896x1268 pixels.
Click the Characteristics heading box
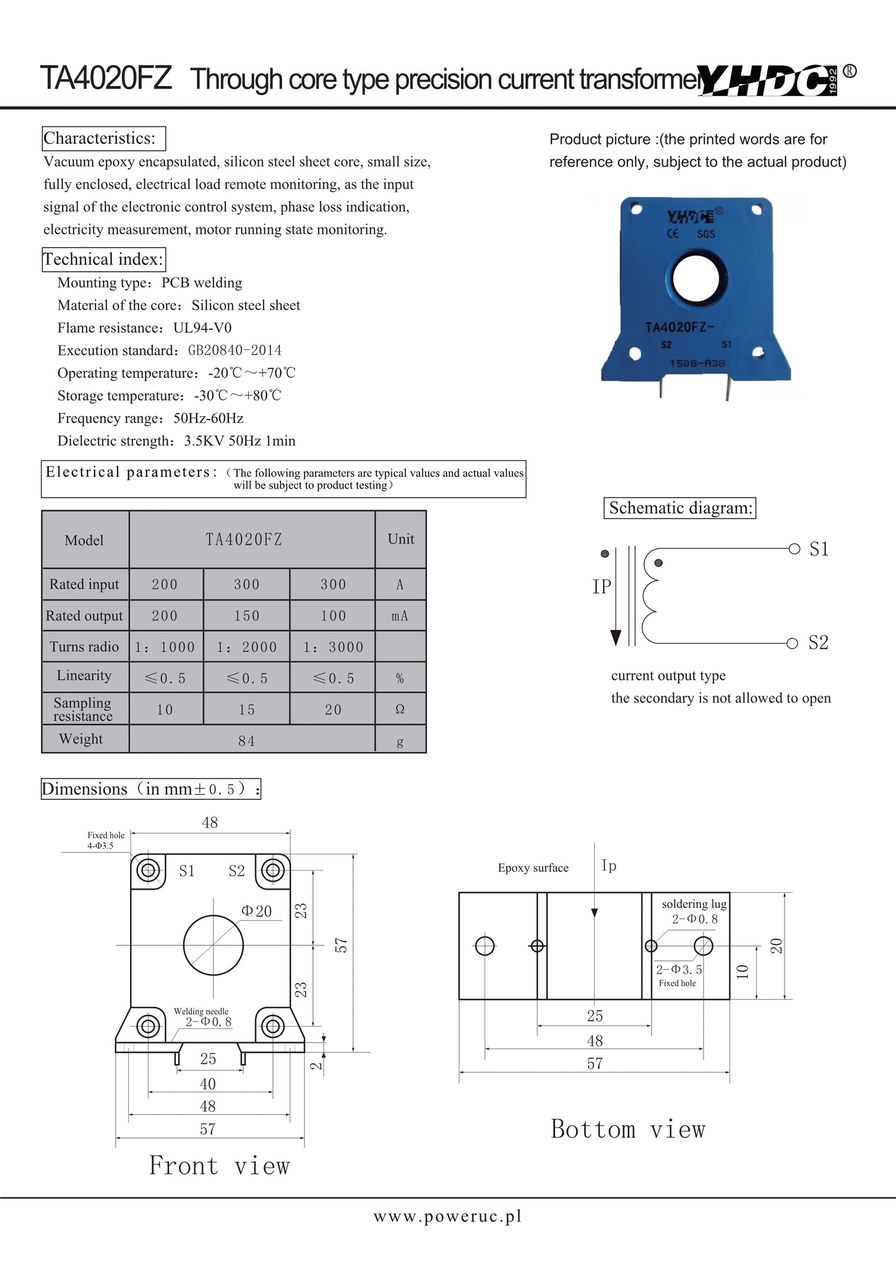pos(104,138)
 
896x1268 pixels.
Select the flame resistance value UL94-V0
pos(202,328)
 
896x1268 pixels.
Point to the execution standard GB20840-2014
pos(235,350)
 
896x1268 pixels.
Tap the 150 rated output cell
pos(246,616)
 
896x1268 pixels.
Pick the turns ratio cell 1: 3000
pos(333,647)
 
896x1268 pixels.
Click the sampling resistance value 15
pos(246,710)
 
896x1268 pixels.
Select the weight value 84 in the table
pos(246,740)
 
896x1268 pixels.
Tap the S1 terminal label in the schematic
pos(819,549)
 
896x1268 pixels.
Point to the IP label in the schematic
pos(601,586)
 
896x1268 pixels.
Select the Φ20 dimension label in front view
pos(257,911)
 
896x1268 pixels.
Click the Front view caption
pos(220,1166)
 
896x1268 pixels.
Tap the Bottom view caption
pos(628,1129)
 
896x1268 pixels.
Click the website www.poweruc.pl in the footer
pos(447,1217)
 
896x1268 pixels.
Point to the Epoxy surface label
pos(533,868)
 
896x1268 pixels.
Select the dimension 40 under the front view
pos(208,1084)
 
